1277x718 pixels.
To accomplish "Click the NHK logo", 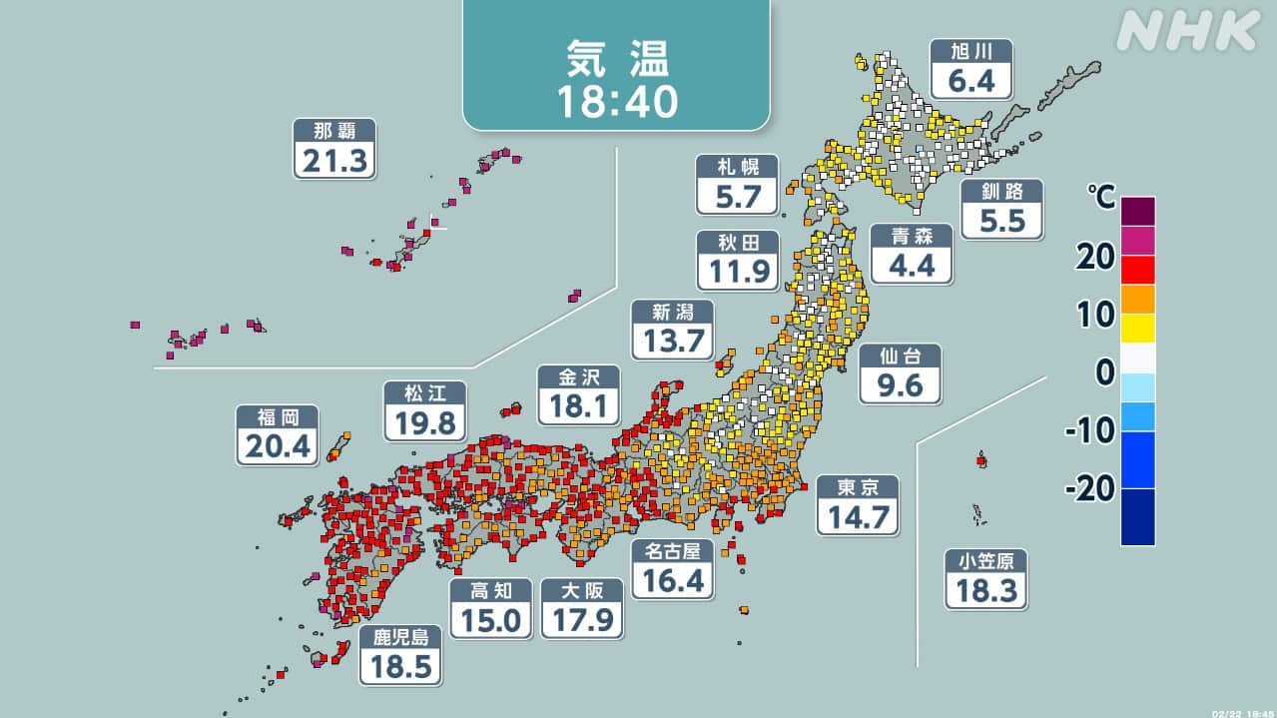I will tap(1187, 32).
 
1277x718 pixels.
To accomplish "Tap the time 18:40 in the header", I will tap(616, 101).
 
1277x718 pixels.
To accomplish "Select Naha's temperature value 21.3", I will tap(333, 160).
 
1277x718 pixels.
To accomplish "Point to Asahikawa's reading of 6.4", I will tap(971, 80).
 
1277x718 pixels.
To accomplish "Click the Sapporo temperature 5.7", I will tap(737, 196).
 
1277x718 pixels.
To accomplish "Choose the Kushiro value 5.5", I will tap(1002, 220).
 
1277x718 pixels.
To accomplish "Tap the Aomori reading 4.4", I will tap(910, 266).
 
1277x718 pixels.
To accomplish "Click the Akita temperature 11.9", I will tap(737, 271).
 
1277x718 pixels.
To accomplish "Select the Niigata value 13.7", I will tap(672, 342).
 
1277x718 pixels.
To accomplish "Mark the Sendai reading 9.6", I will tap(900, 384).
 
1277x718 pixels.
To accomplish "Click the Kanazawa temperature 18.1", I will tap(578, 405).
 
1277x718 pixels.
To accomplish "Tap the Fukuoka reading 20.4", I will tap(278, 446).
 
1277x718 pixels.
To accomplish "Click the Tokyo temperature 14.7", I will tap(857, 516).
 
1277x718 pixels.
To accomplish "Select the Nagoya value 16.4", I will tap(673, 580).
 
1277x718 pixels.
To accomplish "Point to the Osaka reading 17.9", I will tap(581, 620).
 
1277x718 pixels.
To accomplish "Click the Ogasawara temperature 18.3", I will tap(986, 590).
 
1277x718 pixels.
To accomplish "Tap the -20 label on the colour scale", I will tap(1090, 488).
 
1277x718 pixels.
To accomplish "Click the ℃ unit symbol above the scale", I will tap(1102, 199).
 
